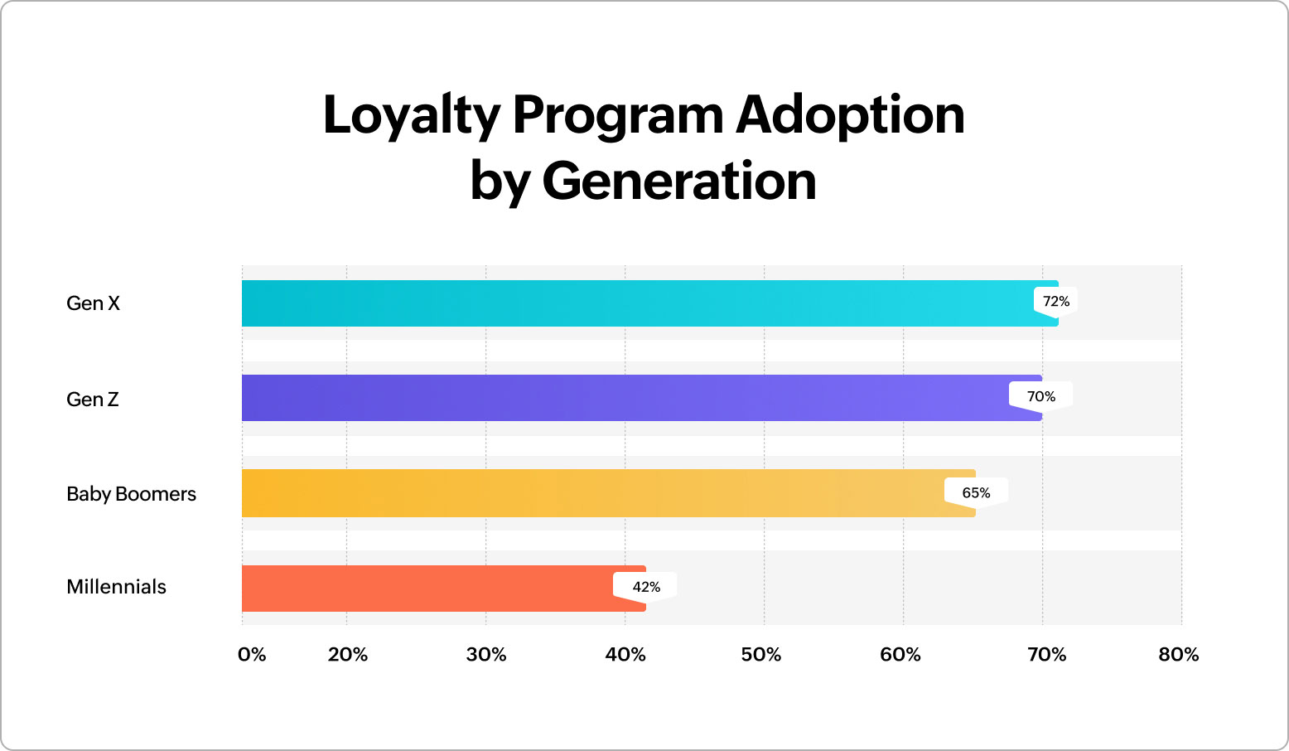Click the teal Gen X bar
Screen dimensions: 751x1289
point(638,303)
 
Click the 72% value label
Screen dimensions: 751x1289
point(1055,302)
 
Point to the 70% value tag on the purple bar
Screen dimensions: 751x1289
point(1040,397)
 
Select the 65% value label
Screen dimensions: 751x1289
point(976,493)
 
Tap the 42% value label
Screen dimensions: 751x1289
point(645,587)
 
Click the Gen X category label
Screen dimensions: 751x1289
point(93,303)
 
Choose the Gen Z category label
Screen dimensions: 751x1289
point(93,400)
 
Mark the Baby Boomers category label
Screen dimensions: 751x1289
point(131,494)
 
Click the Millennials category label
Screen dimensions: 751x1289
point(116,587)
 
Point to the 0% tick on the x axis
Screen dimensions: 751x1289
point(252,655)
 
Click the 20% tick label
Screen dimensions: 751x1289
point(347,655)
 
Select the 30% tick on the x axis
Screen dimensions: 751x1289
point(486,655)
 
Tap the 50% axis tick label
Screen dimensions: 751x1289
point(760,655)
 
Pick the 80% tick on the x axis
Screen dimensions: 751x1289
point(1178,655)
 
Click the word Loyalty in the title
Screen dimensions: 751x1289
point(411,116)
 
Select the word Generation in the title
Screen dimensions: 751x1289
point(679,181)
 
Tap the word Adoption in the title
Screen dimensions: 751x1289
point(850,116)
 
